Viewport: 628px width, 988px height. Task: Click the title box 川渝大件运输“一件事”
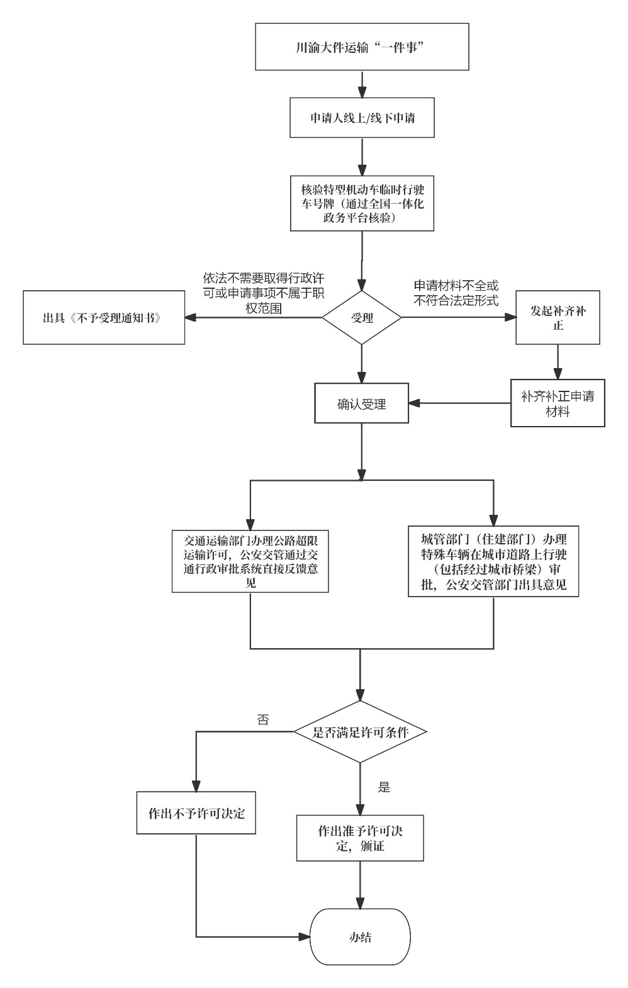(x=362, y=47)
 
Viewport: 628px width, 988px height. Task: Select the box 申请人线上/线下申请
(x=362, y=118)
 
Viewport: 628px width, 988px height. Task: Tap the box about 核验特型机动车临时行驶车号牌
(x=362, y=203)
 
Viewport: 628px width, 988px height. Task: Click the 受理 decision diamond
(x=362, y=318)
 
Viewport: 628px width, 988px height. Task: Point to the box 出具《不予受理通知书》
(x=104, y=318)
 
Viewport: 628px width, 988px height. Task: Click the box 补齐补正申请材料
(x=558, y=403)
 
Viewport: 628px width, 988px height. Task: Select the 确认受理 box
(x=362, y=404)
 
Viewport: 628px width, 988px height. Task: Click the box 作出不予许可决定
(x=196, y=812)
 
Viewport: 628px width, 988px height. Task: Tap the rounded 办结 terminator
(x=361, y=937)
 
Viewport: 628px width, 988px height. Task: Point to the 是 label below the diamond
(x=384, y=787)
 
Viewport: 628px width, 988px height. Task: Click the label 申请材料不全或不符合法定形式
(x=456, y=292)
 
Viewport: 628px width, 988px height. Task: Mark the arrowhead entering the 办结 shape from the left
(x=306, y=937)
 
